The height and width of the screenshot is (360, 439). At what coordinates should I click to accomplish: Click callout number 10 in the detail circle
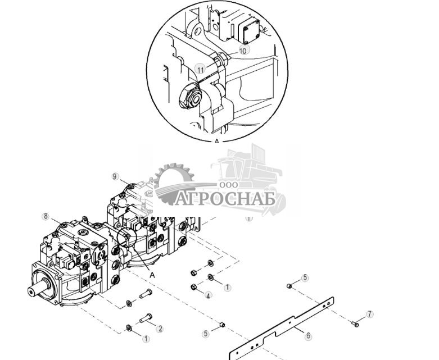(242, 50)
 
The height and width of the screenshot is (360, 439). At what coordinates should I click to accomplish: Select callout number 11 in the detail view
(200, 69)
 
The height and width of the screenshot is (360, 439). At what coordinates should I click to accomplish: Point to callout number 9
(115, 176)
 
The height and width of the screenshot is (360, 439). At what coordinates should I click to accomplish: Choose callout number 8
(46, 216)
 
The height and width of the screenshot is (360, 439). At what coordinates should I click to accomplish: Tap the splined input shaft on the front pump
(35, 292)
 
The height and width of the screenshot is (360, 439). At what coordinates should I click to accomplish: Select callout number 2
(159, 329)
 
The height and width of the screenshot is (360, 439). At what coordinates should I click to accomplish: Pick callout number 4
(209, 295)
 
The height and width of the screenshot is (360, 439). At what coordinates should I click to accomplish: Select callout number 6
(308, 336)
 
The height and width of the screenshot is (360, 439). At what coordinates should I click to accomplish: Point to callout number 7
(369, 314)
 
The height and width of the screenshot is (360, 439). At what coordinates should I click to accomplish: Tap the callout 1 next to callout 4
(227, 287)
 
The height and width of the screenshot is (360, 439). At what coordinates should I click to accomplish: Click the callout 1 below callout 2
(146, 339)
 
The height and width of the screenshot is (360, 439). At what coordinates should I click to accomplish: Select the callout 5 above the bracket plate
(305, 277)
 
